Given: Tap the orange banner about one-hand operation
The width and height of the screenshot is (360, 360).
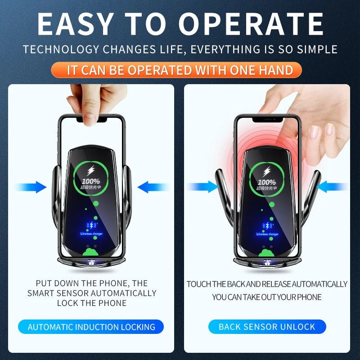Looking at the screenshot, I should pyautogui.click(x=180, y=70).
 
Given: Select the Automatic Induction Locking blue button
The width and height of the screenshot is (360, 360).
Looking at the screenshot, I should pyautogui.click(x=91, y=327).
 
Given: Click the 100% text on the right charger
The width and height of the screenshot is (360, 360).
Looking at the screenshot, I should pyautogui.click(x=267, y=182).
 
